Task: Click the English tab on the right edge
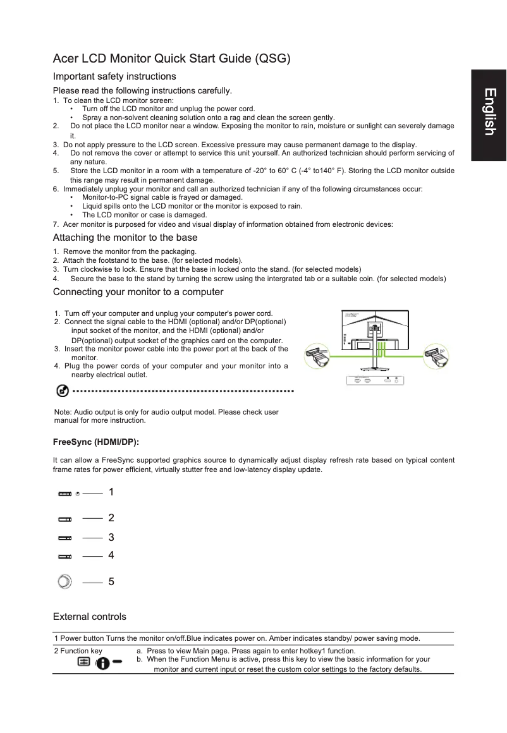(489, 112)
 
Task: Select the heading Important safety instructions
(114, 76)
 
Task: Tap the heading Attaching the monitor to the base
(125, 238)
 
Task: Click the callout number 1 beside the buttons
(111, 492)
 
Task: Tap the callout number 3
(111, 538)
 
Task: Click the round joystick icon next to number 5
(64, 582)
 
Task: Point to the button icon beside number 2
(65, 519)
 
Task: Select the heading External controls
(89, 617)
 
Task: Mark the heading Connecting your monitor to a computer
(138, 292)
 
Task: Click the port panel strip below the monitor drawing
(374, 380)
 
